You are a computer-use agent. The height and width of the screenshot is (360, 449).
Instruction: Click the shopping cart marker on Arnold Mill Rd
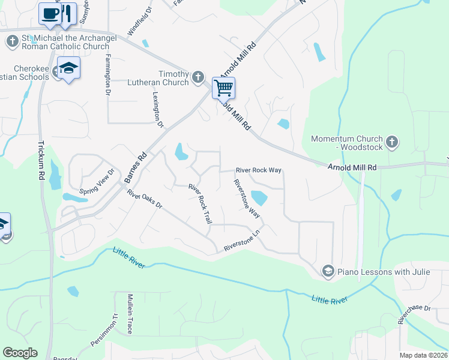pyautogui.click(x=223, y=88)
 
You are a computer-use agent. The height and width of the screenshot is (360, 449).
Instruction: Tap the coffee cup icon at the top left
pyautogui.click(x=50, y=13)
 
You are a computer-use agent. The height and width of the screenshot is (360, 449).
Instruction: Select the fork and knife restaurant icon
pyautogui.click(x=67, y=13)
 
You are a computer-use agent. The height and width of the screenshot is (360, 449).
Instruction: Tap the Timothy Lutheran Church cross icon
pyautogui.click(x=199, y=76)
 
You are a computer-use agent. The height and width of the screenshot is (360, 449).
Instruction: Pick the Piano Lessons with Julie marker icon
pyautogui.click(x=328, y=272)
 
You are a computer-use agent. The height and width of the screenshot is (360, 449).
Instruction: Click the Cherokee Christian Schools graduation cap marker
pyautogui.click(x=68, y=68)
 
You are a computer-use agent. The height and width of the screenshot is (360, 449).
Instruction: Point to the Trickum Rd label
pyautogui.click(x=41, y=158)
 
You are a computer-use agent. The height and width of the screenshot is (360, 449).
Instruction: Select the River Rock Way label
pyautogui.click(x=258, y=170)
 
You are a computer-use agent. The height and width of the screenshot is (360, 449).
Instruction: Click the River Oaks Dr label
pyautogui.click(x=145, y=199)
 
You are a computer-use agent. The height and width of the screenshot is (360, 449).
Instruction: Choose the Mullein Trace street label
pyautogui.click(x=128, y=314)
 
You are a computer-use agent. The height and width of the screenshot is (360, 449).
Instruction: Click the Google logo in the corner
pyautogui.click(x=20, y=353)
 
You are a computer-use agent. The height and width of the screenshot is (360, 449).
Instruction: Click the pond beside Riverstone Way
pyautogui.click(x=259, y=197)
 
